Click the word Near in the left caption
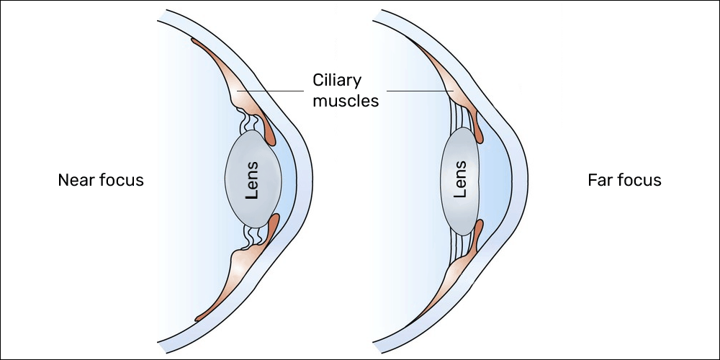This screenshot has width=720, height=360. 76,180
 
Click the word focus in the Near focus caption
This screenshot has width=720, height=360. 120,180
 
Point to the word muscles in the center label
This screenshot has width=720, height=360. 346,101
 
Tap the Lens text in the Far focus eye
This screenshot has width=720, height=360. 461,179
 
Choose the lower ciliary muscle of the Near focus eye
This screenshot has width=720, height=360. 223,277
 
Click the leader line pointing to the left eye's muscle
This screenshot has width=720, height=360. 270,91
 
